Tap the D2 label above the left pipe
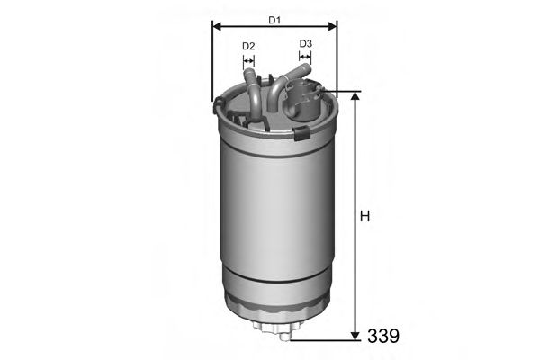(x=248, y=45)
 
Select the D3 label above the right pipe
(x=305, y=43)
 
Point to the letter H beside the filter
(x=364, y=216)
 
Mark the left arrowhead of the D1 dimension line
(x=216, y=27)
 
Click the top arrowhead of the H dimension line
(x=355, y=96)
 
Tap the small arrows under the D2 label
(x=249, y=62)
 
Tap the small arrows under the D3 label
(x=304, y=59)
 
